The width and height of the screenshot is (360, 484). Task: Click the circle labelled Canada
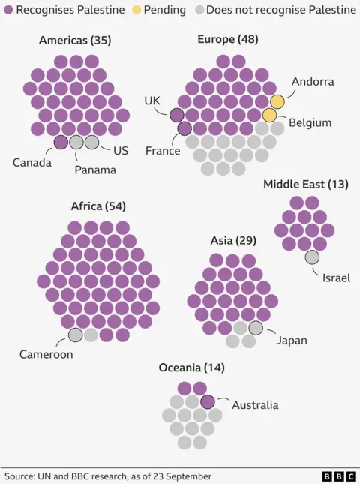(x=61, y=142)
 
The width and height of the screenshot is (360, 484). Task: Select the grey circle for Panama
(x=76, y=142)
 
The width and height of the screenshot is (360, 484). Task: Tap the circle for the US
(x=91, y=142)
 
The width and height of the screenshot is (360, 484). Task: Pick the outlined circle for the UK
(x=177, y=115)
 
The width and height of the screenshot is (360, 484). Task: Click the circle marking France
(x=184, y=128)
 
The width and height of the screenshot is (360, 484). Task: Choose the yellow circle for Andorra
(x=277, y=101)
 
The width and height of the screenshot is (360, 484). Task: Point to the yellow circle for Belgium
(x=269, y=115)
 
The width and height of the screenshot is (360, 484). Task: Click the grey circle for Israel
(x=312, y=257)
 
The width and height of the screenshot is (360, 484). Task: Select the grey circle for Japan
(x=256, y=328)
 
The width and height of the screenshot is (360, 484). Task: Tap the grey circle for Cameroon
(x=76, y=335)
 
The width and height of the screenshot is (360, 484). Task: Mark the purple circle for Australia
(x=208, y=401)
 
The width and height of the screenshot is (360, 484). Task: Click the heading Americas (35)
(x=75, y=40)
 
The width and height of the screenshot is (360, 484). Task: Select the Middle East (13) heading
(x=305, y=184)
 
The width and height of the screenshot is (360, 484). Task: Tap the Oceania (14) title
(x=191, y=368)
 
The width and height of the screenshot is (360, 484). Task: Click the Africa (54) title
(x=97, y=206)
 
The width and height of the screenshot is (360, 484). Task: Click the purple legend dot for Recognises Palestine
(x=8, y=10)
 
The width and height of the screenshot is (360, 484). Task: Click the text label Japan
(x=292, y=341)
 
